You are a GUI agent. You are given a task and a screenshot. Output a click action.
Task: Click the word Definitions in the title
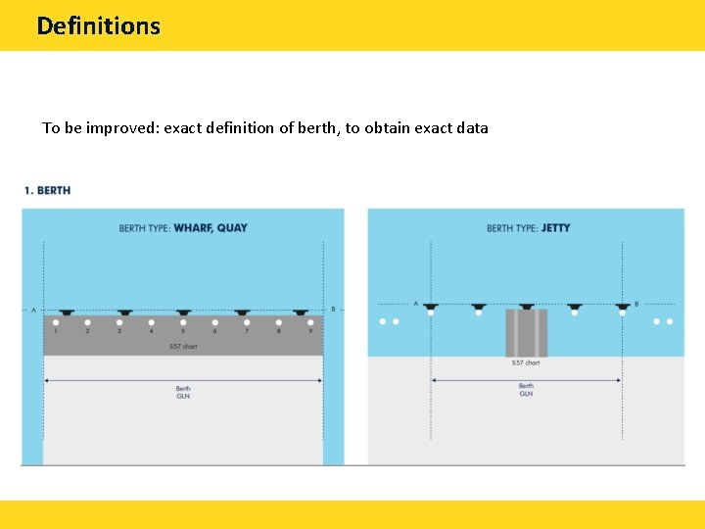98,25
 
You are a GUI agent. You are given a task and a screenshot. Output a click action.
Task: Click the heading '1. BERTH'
47,190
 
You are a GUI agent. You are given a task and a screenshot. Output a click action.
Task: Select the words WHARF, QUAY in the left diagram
211,228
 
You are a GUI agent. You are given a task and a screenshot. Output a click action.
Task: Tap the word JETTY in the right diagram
555,228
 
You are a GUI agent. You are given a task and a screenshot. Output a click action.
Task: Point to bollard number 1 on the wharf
56,322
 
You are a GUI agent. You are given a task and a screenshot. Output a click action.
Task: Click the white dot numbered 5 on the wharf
183,322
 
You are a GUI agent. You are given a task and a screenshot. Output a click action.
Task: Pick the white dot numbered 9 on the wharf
310,322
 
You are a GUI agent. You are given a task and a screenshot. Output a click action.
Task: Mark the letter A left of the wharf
33,311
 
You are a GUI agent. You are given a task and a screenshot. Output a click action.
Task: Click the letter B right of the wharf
334,311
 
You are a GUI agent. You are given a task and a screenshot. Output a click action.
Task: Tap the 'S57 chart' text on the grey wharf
183,347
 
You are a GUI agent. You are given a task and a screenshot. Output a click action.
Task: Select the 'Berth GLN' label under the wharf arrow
183,393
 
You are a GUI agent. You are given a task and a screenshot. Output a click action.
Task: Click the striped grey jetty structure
526,333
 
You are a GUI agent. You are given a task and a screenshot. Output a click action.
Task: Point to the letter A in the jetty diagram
416,304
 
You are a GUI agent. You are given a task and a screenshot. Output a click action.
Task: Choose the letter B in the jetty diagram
636,304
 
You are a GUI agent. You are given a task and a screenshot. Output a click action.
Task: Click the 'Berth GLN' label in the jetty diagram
526,390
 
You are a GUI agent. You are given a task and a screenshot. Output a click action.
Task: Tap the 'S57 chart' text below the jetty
526,363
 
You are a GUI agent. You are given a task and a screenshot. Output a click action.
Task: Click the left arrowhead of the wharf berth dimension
46,379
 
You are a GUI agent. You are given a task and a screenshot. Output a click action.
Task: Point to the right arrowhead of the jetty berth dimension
619,380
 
